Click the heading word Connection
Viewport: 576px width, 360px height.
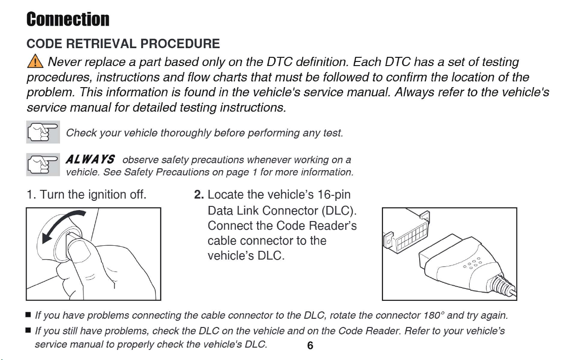pos(68,19)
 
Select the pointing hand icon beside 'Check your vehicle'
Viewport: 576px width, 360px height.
pos(43,132)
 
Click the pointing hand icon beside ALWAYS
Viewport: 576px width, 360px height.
pos(43,165)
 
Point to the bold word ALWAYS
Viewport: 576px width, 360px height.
pos(90,160)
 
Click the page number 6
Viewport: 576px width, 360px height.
pos(310,345)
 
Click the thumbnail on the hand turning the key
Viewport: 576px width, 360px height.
pos(80,252)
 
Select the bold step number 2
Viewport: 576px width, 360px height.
pos(199,194)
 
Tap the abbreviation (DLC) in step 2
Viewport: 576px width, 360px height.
pos(338,210)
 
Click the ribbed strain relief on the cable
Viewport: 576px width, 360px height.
pos(500,284)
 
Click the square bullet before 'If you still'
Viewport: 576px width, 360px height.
pos(28,330)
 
